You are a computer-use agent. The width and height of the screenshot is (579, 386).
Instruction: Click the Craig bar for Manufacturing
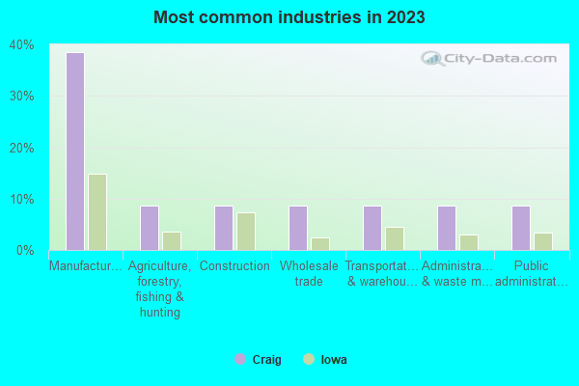coord(75,152)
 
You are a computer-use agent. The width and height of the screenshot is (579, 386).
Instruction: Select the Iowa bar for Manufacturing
coord(97,212)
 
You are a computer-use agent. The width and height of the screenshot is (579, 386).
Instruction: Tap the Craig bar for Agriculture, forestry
coord(150,228)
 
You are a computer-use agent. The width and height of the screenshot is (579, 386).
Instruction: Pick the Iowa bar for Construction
coord(246,232)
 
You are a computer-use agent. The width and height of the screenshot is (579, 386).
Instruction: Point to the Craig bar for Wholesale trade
coord(298,228)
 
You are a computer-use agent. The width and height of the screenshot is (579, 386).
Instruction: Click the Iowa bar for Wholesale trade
coord(320,244)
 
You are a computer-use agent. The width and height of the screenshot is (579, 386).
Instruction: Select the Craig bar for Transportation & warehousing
coord(372,228)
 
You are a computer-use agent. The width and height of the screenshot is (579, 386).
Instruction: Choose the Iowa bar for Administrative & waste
coord(469,242)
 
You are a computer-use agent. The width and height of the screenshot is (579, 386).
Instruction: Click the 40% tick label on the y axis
coord(22,45)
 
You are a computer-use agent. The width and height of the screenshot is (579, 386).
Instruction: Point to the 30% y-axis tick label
coord(22,96)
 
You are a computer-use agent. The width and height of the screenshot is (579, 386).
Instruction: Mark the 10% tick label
coord(22,200)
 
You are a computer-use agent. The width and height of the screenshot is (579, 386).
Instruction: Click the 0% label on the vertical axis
coord(26,251)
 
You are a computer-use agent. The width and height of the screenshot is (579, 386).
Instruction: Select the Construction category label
coord(234,266)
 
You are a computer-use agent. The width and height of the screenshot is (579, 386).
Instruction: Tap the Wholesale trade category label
coord(309,274)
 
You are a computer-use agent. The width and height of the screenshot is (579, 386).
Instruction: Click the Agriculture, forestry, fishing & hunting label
coord(160,289)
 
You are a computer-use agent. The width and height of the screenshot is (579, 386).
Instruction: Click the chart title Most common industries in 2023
coord(289,17)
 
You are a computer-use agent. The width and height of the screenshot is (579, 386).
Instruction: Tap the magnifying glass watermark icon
coord(431,57)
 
